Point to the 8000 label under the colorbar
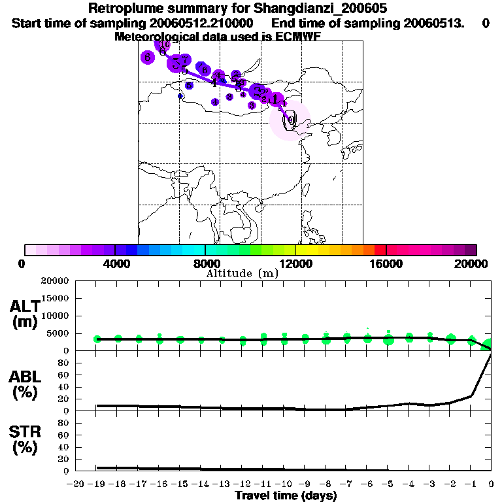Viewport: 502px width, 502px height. [205, 263]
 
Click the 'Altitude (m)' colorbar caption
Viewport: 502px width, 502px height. [242, 273]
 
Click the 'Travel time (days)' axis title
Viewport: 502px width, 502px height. [286, 496]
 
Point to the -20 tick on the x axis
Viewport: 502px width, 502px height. [77, 484]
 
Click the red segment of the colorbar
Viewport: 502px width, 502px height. [380, 250]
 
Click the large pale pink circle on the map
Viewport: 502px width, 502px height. [292, 121]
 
